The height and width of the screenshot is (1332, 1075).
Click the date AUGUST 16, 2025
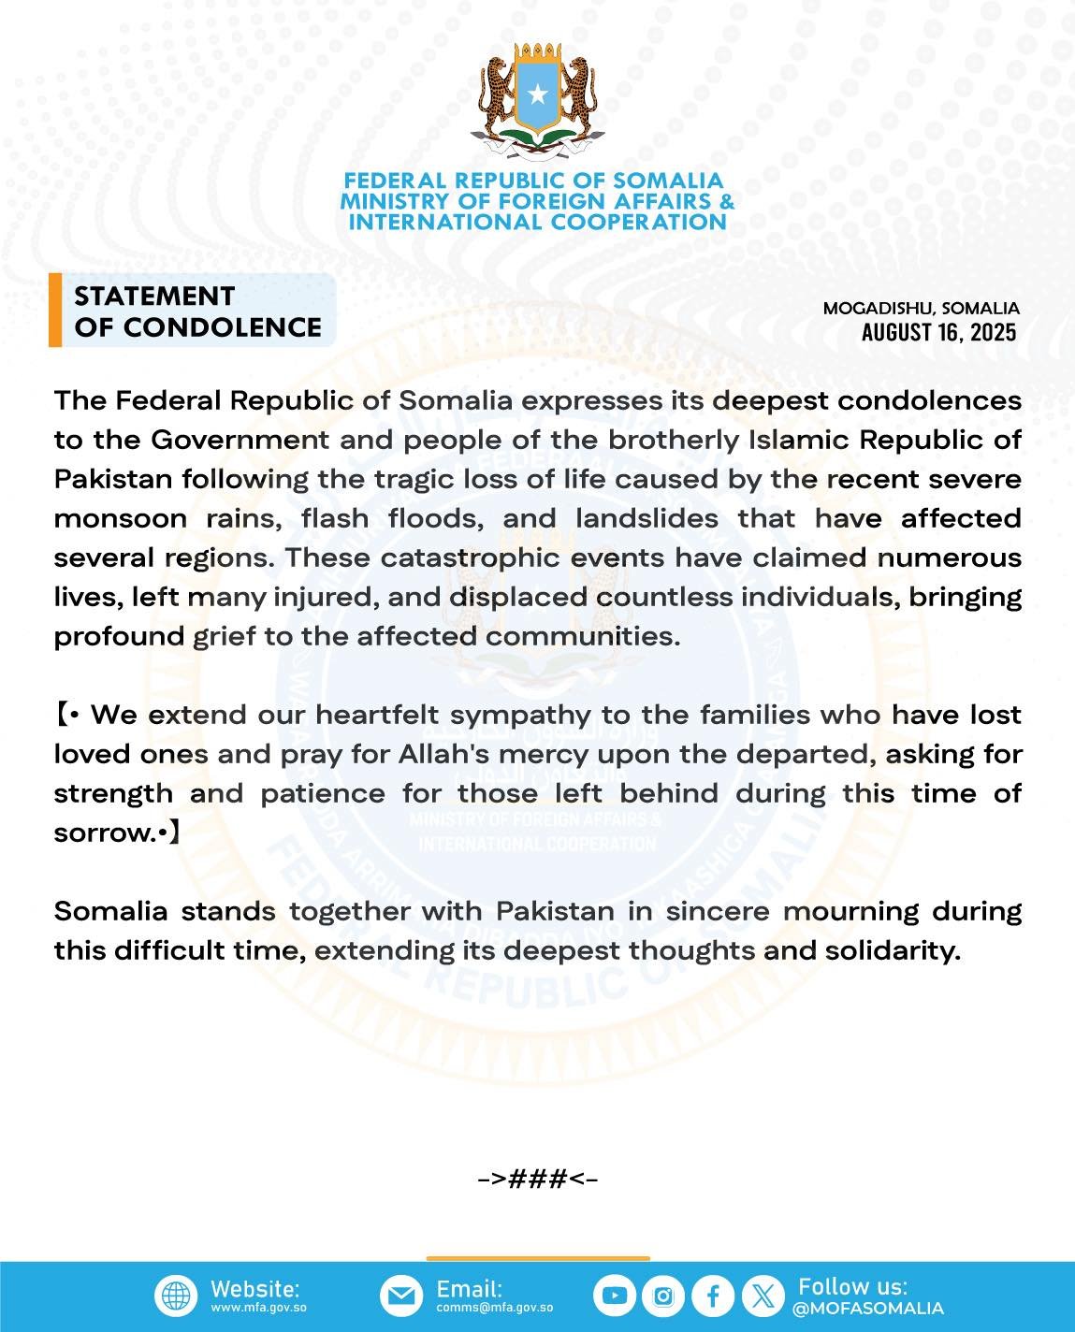pos(938,332)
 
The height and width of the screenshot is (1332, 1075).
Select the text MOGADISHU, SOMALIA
pos(921,308)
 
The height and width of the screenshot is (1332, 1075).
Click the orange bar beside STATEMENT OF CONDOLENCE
pos(55,311)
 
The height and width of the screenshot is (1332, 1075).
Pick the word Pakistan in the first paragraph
pos(113,479)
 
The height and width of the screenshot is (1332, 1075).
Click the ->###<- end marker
pos(537,1179)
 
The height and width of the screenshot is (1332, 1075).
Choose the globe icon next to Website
pos(176,1296)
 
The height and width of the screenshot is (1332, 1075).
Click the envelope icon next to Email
pos(401,1296)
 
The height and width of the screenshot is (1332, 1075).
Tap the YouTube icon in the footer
pos(615,1296)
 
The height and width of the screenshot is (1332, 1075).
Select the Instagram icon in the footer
pos(663,1296)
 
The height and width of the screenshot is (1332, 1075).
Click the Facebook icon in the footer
pos(713,1296)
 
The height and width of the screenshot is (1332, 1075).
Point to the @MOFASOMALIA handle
pos(867,1308)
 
